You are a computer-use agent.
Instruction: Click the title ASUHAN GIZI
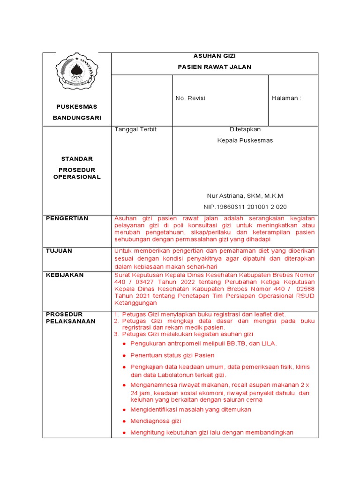[214, 56]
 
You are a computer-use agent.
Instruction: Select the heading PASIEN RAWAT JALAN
[214, 67]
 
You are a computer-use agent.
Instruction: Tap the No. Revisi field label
[190, 98]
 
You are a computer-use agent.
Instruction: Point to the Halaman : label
[286, 98]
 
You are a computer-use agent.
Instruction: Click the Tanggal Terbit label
[135, 129]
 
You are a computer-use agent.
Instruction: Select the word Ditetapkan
[245, 129]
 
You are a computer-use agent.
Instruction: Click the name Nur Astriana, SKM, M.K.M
[245, 195]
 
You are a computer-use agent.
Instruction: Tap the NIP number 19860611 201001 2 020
[245, 207]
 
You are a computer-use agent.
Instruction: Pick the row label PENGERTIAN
[67, 218]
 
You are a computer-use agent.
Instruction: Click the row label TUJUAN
[59, 251]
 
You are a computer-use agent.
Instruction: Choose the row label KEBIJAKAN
[65, 275]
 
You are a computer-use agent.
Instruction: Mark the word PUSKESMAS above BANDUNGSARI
[77, 107]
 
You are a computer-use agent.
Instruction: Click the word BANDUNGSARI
[77, 118]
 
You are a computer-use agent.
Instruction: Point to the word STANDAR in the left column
[77, 159]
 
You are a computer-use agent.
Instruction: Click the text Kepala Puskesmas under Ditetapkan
[245, 140]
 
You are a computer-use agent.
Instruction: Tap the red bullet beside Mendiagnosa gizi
[124, 421]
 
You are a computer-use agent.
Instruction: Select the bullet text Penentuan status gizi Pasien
[172, 355]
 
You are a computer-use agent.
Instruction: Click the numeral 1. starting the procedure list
[117, 314]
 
